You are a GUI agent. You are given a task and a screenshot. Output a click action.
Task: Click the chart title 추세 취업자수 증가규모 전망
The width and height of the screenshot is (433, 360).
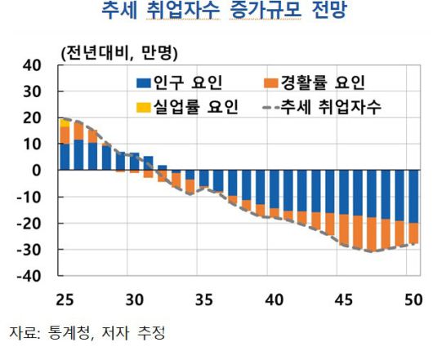tap(216, 13)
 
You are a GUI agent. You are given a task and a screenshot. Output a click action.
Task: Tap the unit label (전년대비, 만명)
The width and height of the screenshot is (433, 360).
tap(119, 53)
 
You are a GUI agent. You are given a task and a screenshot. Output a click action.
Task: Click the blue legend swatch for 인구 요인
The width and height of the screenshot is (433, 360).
tap(143, 82)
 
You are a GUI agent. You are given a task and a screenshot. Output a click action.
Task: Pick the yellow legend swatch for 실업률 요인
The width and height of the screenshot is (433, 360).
tap(143, 106)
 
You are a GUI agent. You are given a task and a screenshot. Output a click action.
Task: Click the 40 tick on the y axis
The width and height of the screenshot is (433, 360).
tap(32, 65)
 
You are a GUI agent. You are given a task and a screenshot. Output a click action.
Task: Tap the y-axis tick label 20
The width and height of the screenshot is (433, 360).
tap(32, 118)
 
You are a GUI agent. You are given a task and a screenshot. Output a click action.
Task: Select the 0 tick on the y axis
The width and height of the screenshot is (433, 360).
tap(37, 171)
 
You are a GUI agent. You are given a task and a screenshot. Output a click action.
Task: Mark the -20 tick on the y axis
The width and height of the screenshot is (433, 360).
tap(29, 224)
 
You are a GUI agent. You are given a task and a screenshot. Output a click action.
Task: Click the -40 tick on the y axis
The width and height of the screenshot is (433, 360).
tap(29, 277)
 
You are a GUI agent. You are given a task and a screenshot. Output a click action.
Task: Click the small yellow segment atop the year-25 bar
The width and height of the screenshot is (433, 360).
tap(65, 122)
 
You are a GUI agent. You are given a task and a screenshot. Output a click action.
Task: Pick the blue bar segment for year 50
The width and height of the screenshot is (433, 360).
tap(414, 196)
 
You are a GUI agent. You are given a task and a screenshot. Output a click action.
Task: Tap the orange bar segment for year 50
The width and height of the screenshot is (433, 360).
tap(414, 233)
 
